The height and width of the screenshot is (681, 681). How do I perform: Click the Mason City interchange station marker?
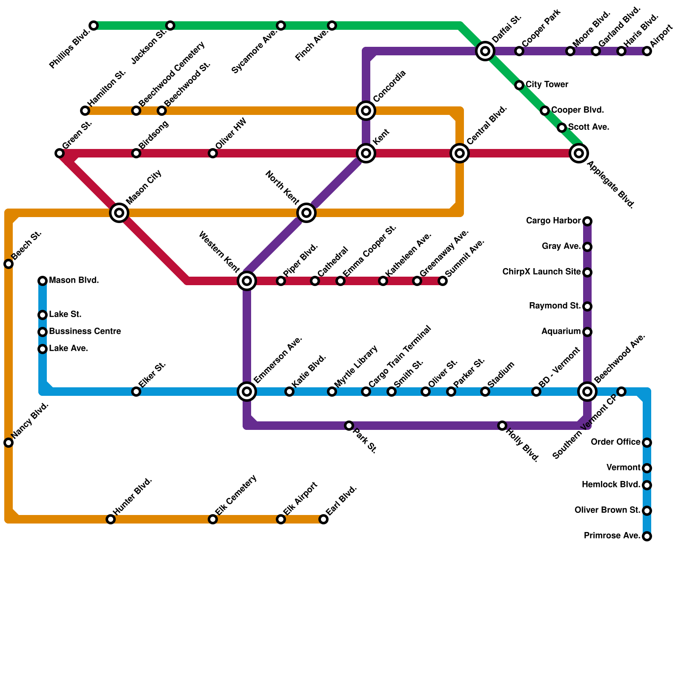coord(119,213)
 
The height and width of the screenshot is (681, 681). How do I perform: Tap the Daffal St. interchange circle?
coord(485,51)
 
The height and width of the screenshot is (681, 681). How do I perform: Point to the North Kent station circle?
coord(306,213)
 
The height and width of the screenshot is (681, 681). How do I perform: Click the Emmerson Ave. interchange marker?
coord(247,392)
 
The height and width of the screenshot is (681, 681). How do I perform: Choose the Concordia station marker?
coord(366,111)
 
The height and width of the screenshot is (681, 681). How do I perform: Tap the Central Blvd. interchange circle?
coord(460,153)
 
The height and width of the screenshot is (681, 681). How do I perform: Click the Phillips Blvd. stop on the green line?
coord(94,26)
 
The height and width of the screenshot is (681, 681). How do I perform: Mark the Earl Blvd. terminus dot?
coord(323,519)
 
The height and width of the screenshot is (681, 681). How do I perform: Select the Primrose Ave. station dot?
coord(647,536)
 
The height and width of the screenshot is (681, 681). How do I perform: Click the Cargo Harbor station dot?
coord(587,221)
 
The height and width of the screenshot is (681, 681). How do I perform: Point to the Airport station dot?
coord(647,51)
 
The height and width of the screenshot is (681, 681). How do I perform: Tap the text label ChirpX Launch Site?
coord(541,272)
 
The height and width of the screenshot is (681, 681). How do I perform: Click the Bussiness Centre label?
coord(85,332)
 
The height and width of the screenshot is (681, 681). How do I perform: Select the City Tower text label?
coord(547,85)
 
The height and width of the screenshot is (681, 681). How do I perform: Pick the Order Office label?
coord(615,442)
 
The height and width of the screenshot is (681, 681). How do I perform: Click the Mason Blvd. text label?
coord(74,280)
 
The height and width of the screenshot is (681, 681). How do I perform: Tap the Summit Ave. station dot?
coord(443,281)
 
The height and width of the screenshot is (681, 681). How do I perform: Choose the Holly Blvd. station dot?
coord(502,426)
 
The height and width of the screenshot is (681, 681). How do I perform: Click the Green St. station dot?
coord(60,153)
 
